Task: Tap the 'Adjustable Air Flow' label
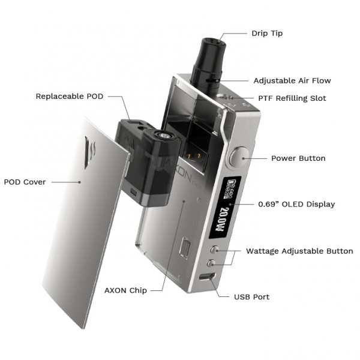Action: tap(292, 80)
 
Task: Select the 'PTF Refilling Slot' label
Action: tap(292, 98)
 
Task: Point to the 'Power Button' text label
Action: tap(298, 158)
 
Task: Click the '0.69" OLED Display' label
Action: tap(296, 204)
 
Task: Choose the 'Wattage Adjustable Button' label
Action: tap(299, 251)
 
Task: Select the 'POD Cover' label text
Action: tap(25, 182)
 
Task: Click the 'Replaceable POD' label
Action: tap(68, 96)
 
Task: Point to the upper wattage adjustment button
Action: tap(211, 250)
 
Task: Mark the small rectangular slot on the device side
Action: tap(187, 248)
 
